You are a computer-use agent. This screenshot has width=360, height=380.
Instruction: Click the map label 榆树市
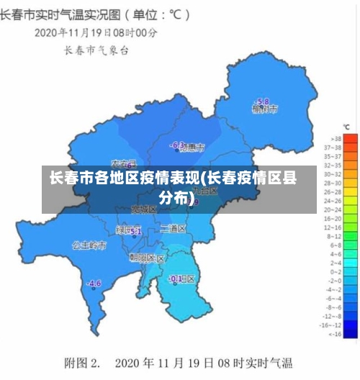264,109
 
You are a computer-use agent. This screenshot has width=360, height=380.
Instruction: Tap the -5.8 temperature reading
262,101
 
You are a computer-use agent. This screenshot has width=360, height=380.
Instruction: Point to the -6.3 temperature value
176,145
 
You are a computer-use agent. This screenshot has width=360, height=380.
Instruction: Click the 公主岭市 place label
89,245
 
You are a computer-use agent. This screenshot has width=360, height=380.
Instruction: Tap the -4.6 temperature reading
94,283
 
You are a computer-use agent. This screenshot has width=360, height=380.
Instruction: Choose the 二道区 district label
173,228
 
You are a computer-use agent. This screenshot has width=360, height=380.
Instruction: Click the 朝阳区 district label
147,257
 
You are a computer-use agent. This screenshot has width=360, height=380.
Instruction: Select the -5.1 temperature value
134,231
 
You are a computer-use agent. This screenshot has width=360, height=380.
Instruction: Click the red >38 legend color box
350,137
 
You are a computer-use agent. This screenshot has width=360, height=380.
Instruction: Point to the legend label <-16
335,334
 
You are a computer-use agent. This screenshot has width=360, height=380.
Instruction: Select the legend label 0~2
336,272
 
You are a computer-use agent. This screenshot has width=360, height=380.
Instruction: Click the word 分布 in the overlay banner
175,197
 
